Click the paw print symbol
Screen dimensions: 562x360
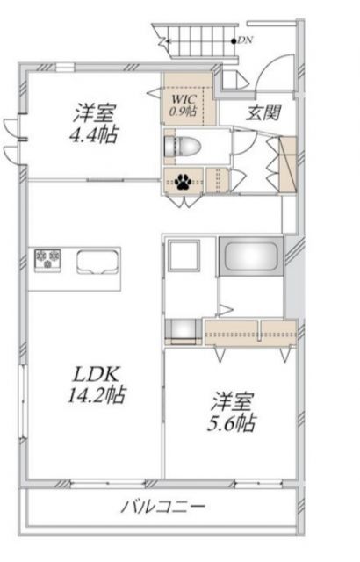click(184, 183)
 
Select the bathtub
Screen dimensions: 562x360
click(251, 258)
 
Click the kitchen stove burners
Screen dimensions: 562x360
click(47, 258)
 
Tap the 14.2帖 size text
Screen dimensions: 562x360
click(97, 395)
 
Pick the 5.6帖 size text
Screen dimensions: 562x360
click(232, 422)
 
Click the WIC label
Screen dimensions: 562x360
click(185, 98)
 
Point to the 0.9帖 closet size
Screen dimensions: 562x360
click(186, 112)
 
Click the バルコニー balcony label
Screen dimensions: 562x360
click(163, 508)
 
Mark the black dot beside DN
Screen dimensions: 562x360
click(233, 40)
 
